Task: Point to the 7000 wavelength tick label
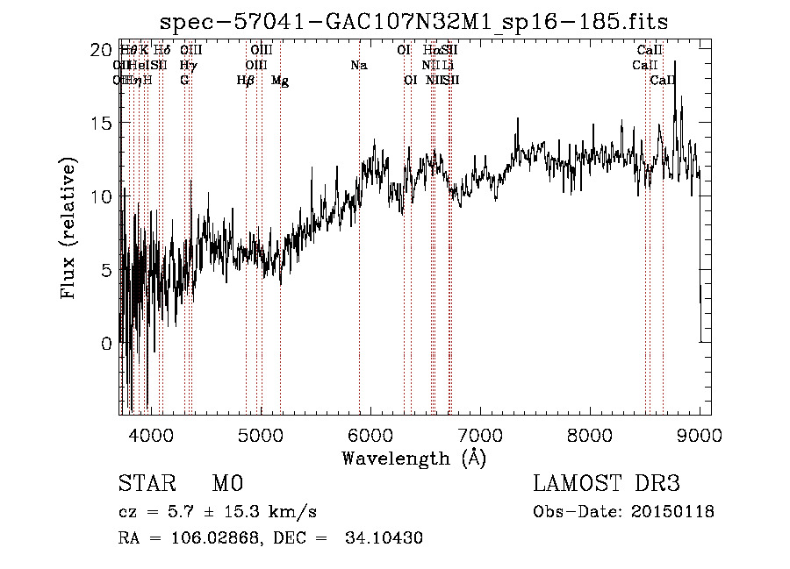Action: [479, 436]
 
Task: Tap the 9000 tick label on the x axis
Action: [700, 436]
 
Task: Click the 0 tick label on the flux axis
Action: [107, 344]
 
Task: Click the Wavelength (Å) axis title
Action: [413, 458]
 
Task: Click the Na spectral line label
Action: [358, 66]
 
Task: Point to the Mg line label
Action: [280, 81]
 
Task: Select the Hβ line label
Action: [246, 81]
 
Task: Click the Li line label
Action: [448, 66]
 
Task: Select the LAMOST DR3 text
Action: [607, 484]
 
